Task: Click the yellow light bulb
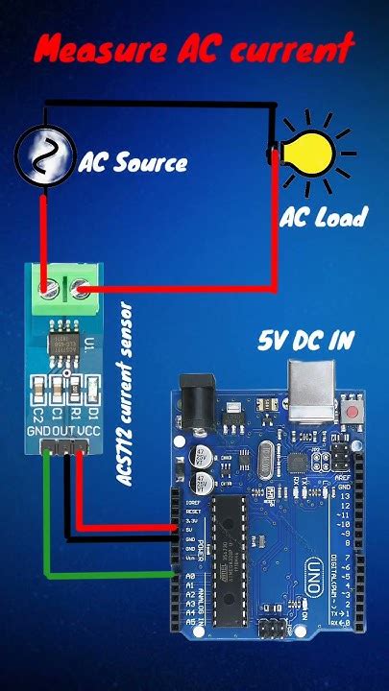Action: [x=309, y=152]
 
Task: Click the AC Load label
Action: [x=323, y=218]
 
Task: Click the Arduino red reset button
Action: [x=358, y=413]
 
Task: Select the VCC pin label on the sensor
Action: [x=88, y=434]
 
